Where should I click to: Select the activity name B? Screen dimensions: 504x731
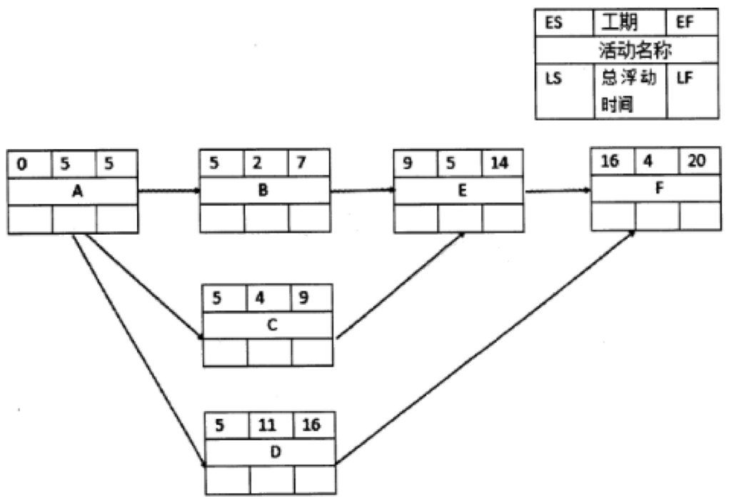(264, 191)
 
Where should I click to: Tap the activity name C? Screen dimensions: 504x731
(268, 325)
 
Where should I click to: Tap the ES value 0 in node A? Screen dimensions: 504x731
(22, 165)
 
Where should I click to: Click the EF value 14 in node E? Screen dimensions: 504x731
(501, 162)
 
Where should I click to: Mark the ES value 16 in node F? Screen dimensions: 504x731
(610, 161)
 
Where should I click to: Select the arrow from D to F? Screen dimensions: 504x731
(485, 347)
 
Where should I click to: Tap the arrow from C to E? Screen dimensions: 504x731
(400, 286)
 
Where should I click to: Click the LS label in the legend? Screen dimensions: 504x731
(554, 78)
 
